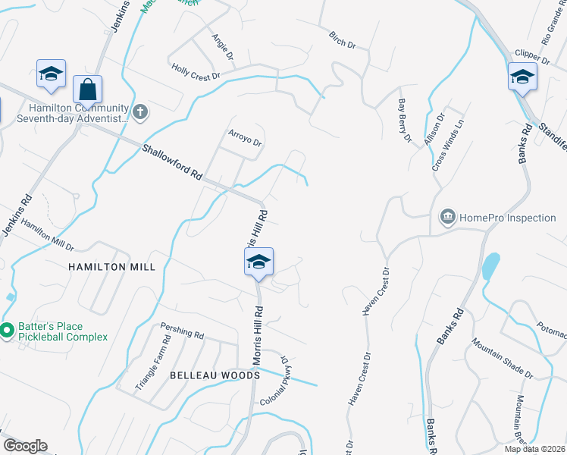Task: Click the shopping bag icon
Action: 88,89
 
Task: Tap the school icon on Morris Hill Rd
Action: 258,262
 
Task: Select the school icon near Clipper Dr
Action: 522,76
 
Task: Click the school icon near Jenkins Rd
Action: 51,74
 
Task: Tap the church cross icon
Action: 139,113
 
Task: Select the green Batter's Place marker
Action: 7,330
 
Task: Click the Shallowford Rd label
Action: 172,162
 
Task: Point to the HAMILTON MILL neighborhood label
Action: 111,267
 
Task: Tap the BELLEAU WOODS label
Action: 215,375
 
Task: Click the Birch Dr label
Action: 342,40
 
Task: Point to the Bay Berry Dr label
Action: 404,121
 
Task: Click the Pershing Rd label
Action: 182,331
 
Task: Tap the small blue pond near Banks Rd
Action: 490,265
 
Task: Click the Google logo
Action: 25,446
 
